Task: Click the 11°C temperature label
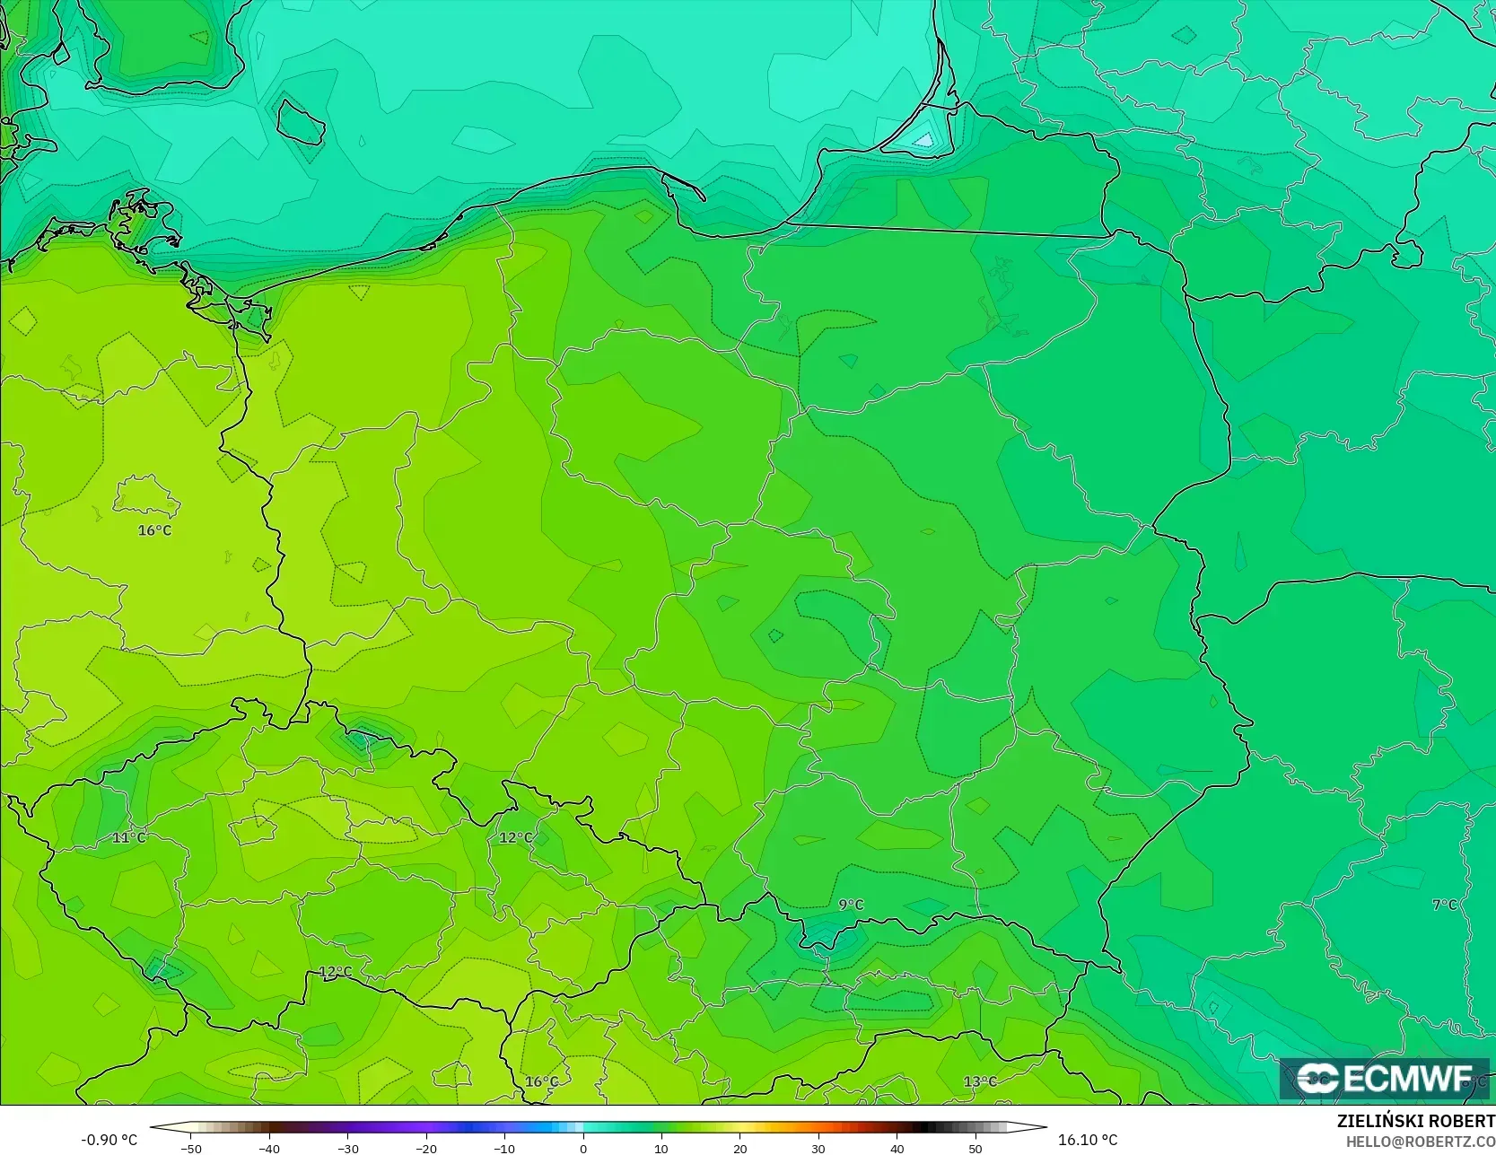[128, 837]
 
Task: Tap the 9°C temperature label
[851, 905]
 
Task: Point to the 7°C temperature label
[1444, 905]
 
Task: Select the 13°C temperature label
[979, 1081]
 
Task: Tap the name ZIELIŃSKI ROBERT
[1415, 1121]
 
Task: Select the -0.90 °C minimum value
[109, 1140]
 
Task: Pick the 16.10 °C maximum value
[1088, 1140]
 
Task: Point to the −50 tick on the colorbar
[190, 1148]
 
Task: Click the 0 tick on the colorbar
[582, 1148]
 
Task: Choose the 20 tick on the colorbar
[739, 1148]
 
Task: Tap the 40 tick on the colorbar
[897, 1148]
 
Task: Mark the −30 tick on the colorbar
[347, 1148]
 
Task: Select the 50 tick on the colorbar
[975, 1148]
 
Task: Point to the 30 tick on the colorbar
[818, 1148]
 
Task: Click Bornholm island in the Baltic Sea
[301, 122]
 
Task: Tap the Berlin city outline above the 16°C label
[146, 494]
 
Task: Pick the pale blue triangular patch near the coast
[924, 139]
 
